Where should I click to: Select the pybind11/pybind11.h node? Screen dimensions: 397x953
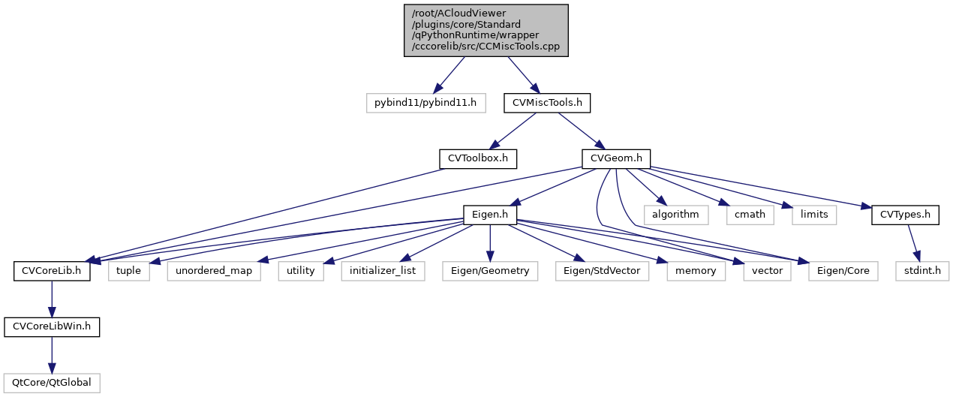(x=425, y=103)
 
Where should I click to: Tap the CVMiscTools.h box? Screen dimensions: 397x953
(x=547, y=103)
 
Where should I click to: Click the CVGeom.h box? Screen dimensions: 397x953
(x=616, y=158)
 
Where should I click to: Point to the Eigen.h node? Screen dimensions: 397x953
(x=491, y=215)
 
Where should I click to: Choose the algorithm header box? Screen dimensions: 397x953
(x=675, y=215)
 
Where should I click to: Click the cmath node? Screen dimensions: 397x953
(x=750, y=215)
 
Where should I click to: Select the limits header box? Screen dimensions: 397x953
(x=814, y=215)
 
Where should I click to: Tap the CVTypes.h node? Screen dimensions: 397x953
(x=905, y=215)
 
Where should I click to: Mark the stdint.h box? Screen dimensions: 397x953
(x=922, y=270)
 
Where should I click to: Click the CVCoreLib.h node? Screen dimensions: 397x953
(x=52, y=270)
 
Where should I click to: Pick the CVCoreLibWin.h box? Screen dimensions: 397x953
(x=52, y=326)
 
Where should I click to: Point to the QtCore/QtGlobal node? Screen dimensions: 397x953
(x=52, y=383)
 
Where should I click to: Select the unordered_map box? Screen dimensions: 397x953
(x=215, y=270)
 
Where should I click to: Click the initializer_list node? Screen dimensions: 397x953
(x=383, y=270)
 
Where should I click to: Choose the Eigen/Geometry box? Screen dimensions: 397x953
(x=491, y=270)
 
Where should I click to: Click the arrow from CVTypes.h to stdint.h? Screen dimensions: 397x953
(x=914, y=242)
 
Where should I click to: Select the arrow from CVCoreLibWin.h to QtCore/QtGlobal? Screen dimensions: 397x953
(x=52, y=354)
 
